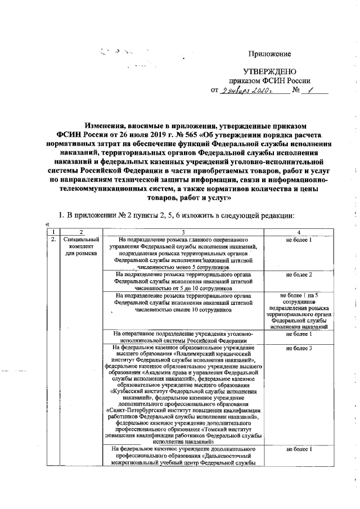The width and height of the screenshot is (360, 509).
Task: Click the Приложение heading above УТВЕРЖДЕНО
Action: [x=270, y=54]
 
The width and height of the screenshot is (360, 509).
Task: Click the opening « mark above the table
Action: [x=48, y=225]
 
